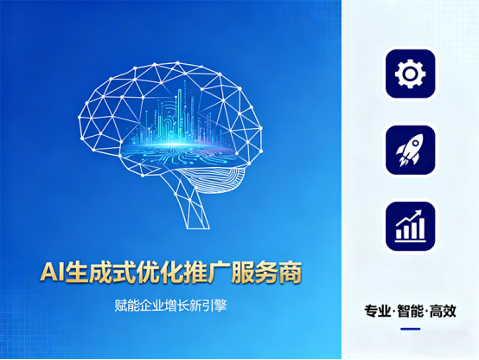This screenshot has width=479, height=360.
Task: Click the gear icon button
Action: tap(410, 74)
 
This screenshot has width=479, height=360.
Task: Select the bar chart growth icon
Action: tap(410, 226)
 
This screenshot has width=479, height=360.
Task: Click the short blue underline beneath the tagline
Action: tap(410, 329)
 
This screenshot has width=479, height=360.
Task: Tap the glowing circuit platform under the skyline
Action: tap(177, 149)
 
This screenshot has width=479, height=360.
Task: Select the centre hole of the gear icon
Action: tap(410, 74)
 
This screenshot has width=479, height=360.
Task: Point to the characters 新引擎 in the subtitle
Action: tap(208, 305)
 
